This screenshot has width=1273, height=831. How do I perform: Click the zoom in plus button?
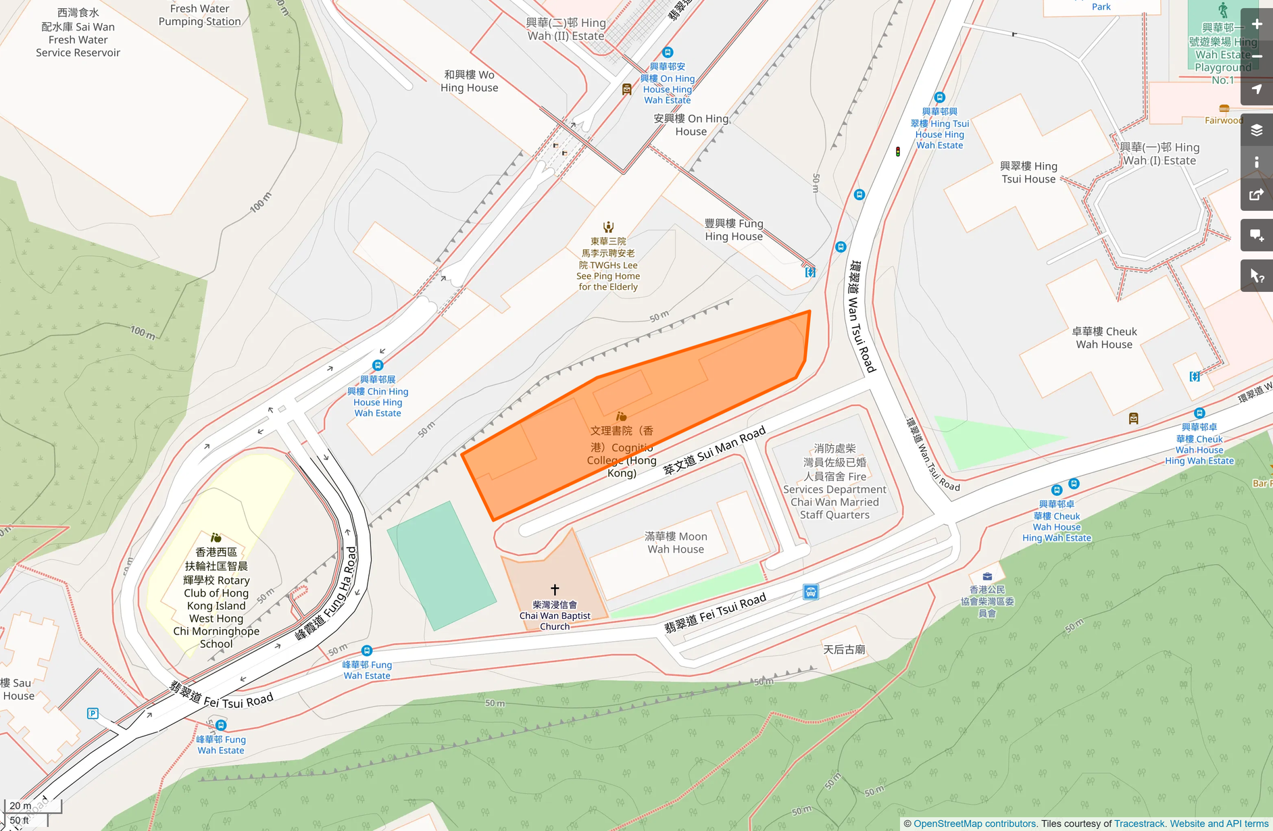(1257, 24)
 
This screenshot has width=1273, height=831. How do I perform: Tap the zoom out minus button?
(1257, 57)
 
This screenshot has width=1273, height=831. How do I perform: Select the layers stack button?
(1257, 130)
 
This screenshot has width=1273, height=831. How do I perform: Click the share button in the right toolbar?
(1257, 195)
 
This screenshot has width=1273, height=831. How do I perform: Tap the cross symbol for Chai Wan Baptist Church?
(555, 590)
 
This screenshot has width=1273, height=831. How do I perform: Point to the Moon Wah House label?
(676, 543)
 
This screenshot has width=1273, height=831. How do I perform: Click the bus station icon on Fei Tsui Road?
(811, 593)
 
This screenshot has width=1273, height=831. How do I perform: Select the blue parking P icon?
(93, 713)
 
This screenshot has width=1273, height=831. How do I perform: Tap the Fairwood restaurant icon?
(1224, 109)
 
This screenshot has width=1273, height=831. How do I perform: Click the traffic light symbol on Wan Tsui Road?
(898, 152)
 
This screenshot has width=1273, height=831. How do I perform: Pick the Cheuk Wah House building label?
(1104, 338)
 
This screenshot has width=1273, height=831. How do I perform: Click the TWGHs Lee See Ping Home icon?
(608, 227)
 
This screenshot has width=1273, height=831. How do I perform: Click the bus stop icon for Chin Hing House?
(378, 366)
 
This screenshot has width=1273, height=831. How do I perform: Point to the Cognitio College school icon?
(621, 417)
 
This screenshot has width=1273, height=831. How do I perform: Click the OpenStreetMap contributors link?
(974, 824)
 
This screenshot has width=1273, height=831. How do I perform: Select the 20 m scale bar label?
(20, 805)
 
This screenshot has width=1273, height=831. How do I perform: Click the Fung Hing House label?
(734, 230)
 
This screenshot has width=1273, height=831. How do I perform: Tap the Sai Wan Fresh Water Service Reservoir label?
(78, 32)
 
